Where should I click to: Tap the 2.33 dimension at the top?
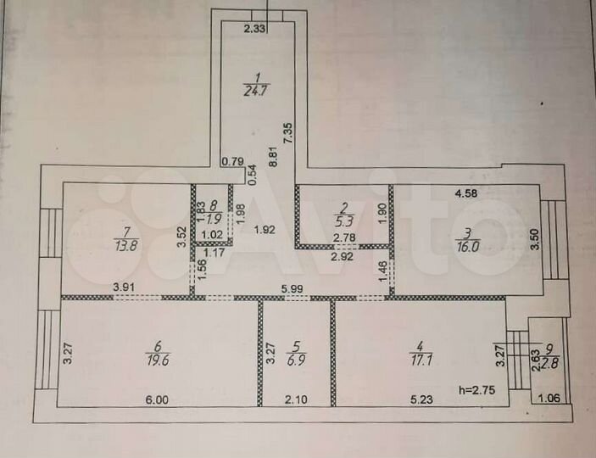(x=255, y=30)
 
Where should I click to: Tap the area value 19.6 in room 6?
(x=157, y=357)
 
